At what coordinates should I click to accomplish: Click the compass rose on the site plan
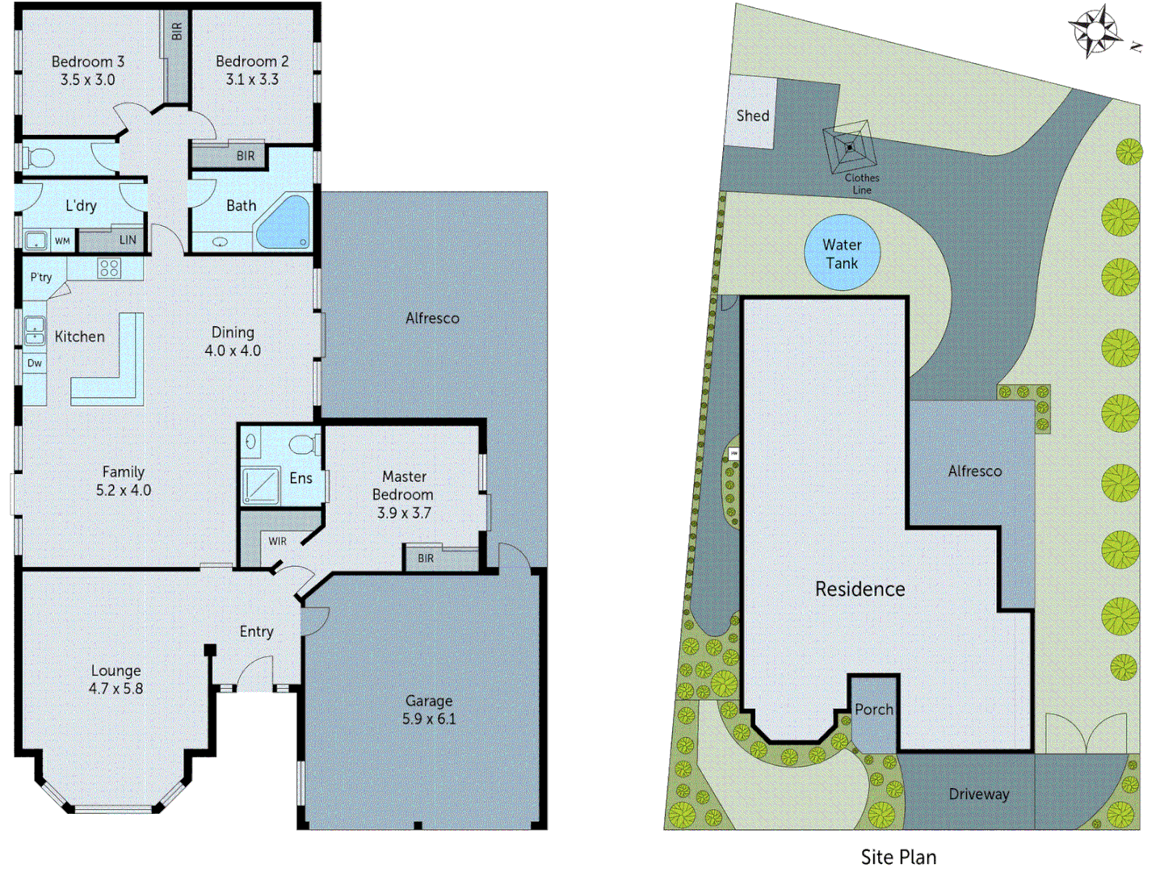pyautogui.click(x=1095, y=31)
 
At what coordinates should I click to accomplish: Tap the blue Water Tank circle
pyautogui.click(x=842, y=254)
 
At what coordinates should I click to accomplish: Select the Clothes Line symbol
pyautogui.click(x=849, y=148)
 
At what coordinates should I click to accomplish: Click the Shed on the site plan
pyautogui.click(x=752, y=115)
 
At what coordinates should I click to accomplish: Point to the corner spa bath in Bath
pyautogui.click(x=284, y=222)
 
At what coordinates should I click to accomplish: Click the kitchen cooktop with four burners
pyautogui.click(x=109, y=267)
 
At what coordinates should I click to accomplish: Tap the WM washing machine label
pyautogui.click(x=62, y=241)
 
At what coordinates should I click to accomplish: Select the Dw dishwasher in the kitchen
pyautogui.click(x=35, y=363)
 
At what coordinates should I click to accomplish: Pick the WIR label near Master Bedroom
pyautogui.click(x=277, y=541)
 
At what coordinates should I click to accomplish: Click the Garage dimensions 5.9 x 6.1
pyautogui.click(x=429, y=719)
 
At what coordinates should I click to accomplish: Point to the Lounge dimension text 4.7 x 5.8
pyautogui.click(x=116, y=689)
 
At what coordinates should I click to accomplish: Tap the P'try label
pyautogui.click(x=41, y=277)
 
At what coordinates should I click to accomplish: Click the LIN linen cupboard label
pyautogui.click(x=128, y=240)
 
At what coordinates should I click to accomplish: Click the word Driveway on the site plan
pyautogui.click(x=978, y=794)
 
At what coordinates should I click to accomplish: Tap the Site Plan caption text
pyautogui.click(x=898, y=857)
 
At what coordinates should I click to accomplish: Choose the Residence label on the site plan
pyautogui.click(x=859, y=589)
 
